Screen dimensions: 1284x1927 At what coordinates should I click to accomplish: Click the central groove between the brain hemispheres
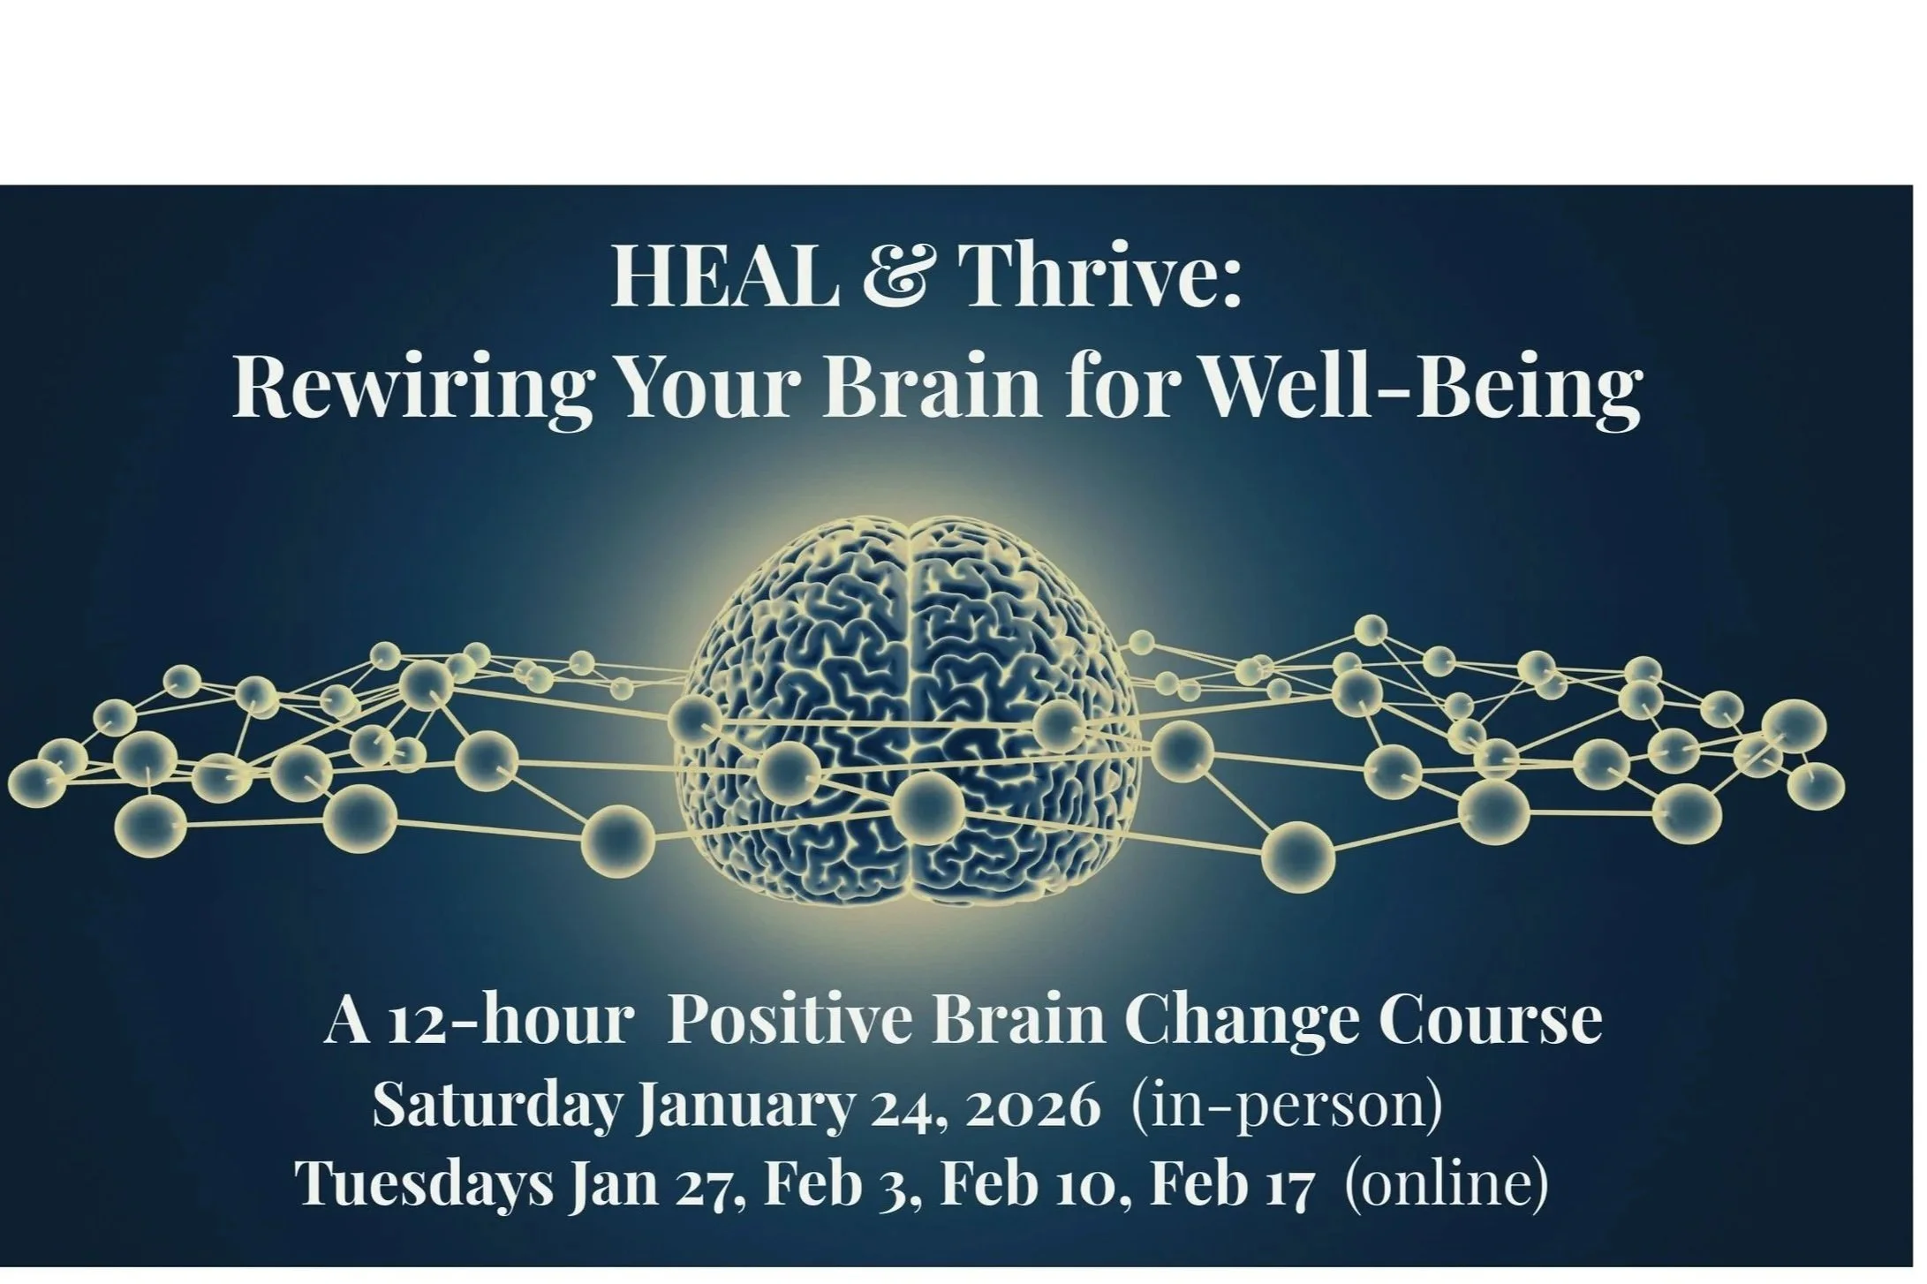(906, 706)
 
